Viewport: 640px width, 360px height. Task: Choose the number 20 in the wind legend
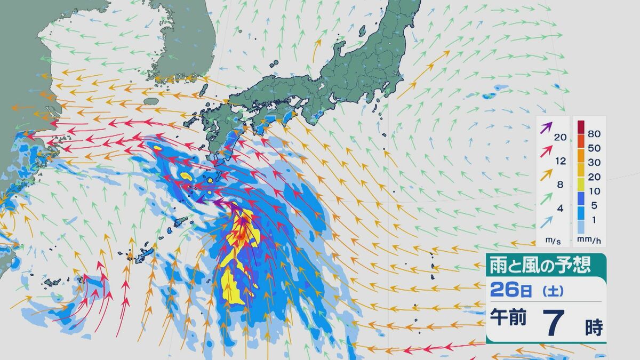559,138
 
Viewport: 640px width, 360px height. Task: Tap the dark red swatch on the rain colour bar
581,127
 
